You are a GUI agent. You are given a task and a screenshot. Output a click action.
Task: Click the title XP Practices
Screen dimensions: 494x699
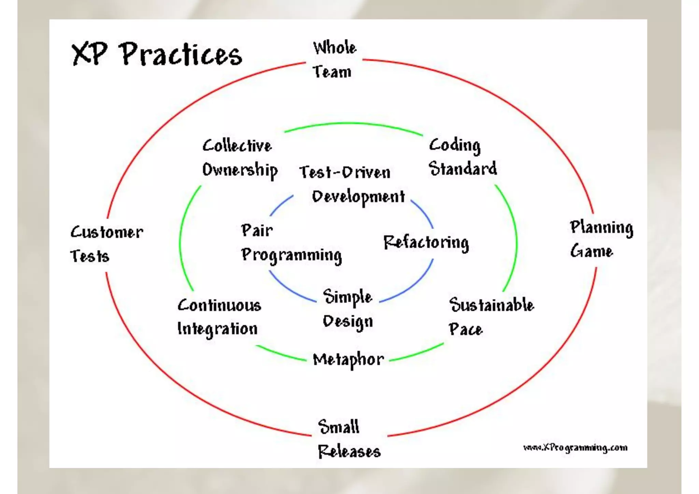(156, 55)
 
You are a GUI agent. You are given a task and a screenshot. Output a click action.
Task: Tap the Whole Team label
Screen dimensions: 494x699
(334, 60)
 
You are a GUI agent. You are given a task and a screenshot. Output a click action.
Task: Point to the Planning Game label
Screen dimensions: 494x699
(601, 239)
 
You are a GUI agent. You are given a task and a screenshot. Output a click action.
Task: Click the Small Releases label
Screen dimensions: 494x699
(348, 439)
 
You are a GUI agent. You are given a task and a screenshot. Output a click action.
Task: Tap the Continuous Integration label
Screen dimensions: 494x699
(219, 317)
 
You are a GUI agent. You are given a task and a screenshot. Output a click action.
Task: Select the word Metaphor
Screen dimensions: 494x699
(348, 360)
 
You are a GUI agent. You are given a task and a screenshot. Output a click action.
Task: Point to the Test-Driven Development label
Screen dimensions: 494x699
(352, 184)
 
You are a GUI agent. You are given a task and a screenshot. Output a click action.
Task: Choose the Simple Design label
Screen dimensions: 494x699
(347, 309)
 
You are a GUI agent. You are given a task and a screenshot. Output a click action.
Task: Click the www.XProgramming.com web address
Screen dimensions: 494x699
(575, 448)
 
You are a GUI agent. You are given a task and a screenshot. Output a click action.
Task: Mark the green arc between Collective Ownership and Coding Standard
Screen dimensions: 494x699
(353, 124)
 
